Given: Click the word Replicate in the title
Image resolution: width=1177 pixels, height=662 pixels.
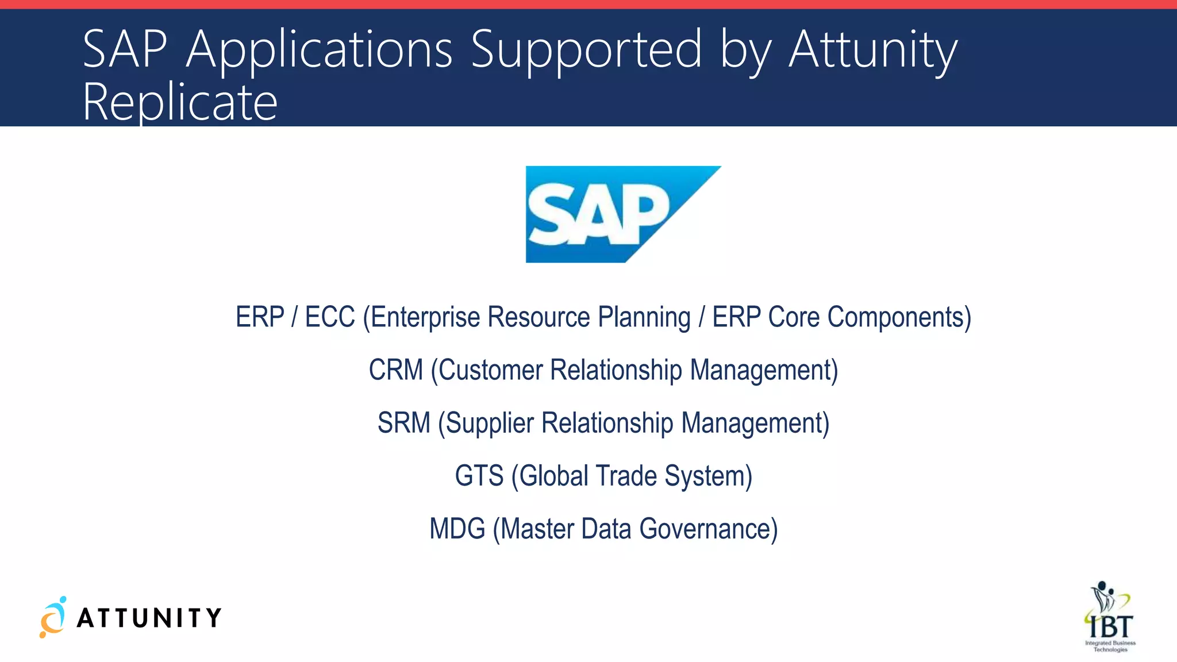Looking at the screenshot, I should coord(180,102).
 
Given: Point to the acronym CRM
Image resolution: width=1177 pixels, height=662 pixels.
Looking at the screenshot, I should coord(395,370).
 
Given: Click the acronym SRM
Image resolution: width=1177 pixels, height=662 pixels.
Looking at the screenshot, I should coord(403,423).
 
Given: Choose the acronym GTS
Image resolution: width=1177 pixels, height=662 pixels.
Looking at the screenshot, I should coord(479,476).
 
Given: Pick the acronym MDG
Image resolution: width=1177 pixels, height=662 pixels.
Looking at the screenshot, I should coord(457,529).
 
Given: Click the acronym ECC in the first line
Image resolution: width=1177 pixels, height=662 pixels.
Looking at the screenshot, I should coord(330,317).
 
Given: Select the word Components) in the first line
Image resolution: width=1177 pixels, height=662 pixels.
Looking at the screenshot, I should coord(899,317).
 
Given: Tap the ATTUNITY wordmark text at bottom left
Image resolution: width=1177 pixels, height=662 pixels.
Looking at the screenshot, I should coord(149,618).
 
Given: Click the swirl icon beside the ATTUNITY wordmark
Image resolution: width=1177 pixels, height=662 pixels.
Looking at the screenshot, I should coord(53,617).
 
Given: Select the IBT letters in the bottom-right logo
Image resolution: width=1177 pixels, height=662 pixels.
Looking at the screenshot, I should coord(1111,626).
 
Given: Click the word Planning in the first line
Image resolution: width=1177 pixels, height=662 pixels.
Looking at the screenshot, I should coord(644,317).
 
